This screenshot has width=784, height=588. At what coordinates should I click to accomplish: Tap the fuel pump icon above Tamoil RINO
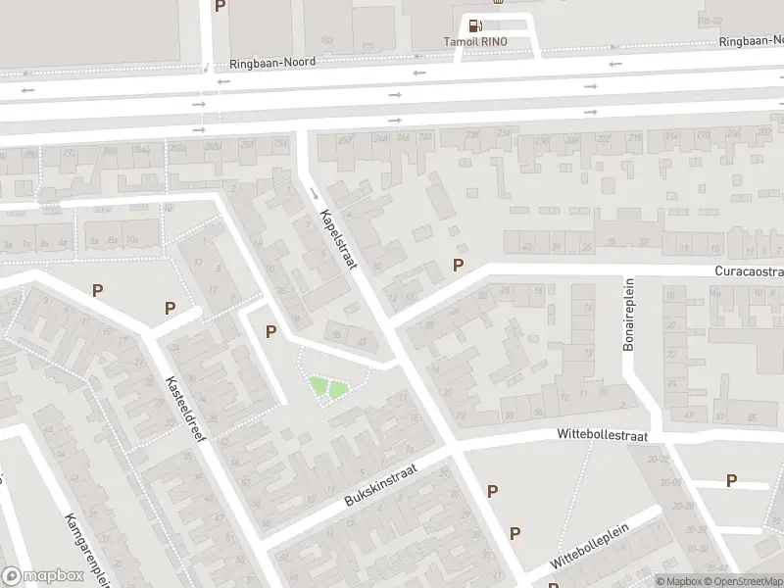click(x=475, y=26)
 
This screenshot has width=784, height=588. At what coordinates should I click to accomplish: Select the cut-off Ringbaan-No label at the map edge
click(x=751, y=41)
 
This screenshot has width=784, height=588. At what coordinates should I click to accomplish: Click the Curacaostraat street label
click(x=750, y=270)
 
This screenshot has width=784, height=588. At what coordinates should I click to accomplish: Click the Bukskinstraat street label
click(x=381, y=486)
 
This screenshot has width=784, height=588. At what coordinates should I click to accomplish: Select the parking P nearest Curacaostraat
click(x=457, y=265)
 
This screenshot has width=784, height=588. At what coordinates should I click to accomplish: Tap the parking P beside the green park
click(x=270, y=332)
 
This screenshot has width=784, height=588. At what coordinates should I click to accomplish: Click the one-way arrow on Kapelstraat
click(x=315, y=191)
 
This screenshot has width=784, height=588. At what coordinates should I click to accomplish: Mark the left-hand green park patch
click(x=318, y=388)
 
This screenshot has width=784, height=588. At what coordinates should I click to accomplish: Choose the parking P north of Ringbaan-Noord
click(x=220, y=6)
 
